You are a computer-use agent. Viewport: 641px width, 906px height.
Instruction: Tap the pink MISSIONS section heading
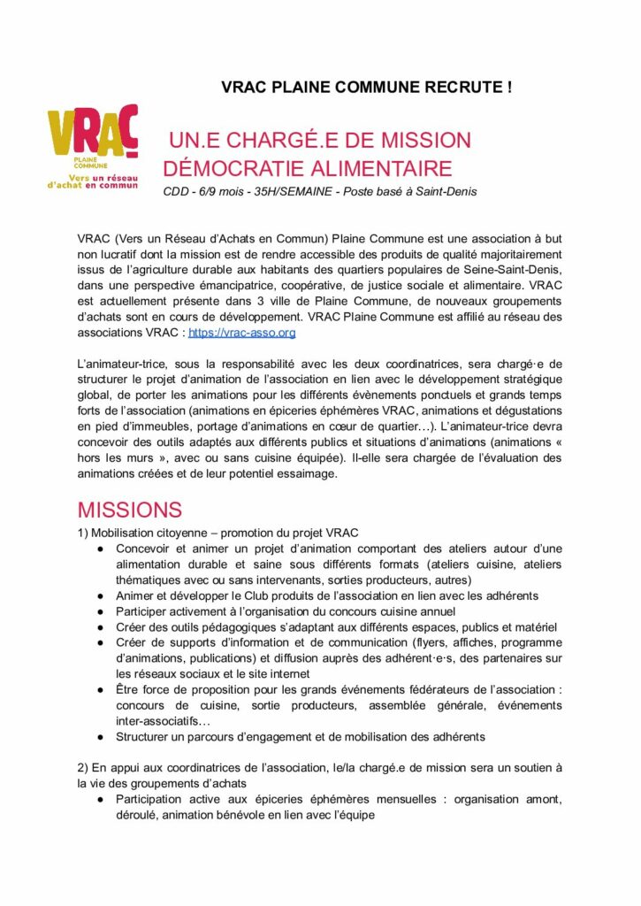pyautogui.click(x=129, y=511)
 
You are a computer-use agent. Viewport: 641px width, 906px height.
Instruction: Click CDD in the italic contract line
pyautogui.click(x=178, y=192)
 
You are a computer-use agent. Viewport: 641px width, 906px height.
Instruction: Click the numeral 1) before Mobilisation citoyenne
pyautogui.click(x=83, y=533)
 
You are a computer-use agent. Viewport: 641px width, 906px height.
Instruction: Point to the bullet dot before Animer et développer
pyautogui.click(x=102, y=596)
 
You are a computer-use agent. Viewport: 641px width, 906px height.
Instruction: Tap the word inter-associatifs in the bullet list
pyautogui.click(x=156, y=721)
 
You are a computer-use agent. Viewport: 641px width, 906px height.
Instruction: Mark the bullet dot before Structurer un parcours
pyautogui.click(x=102, y=737)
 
